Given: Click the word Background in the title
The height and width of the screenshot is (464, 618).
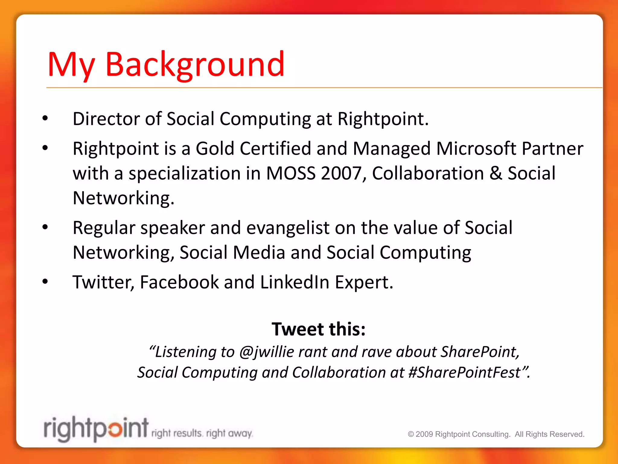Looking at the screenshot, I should point(195,64).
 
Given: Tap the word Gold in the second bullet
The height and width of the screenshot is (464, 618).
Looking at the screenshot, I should point(215,149).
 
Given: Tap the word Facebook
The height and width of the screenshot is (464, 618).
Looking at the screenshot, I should point(179,282).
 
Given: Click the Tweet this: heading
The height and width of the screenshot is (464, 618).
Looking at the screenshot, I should point(318,329).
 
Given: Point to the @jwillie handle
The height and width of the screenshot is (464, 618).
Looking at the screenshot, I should point(266,352).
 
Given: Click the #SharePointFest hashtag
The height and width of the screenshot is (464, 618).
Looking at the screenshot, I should point(464,372).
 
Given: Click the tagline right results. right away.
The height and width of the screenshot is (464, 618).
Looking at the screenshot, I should point(202,433).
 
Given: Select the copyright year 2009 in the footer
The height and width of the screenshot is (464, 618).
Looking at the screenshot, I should point(424,434).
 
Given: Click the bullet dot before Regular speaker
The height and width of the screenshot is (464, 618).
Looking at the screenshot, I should point(45,227).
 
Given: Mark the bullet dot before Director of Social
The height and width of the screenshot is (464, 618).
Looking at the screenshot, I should point(45,118).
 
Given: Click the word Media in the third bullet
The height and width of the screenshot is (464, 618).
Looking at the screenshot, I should point(259,253).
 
